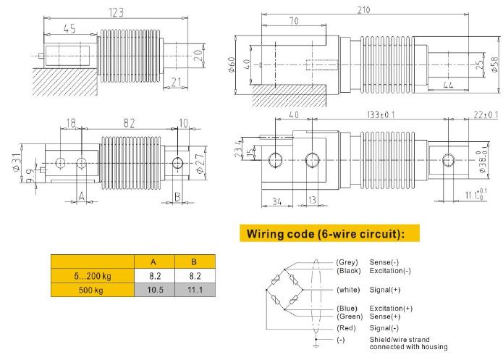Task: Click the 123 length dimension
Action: click(116, 12)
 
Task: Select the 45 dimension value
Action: click(69, 29)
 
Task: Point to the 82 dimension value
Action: click(129, 124)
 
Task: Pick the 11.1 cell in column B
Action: click(195, 290)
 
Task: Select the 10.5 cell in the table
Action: click(154, 290)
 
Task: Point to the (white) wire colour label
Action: click(350, 289)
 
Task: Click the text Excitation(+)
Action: click(392, 309)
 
